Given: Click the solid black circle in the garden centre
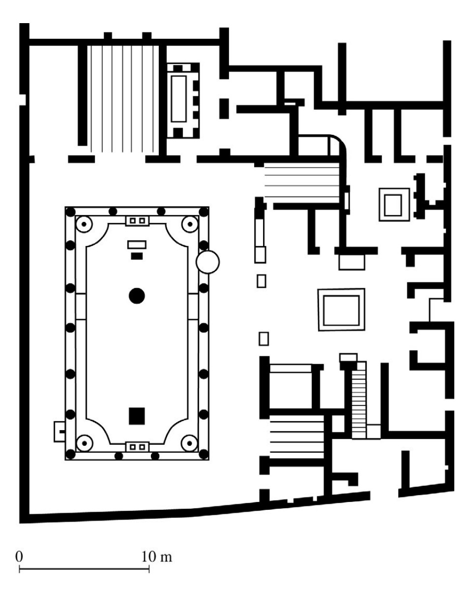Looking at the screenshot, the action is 137,296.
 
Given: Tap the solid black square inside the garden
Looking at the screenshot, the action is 137,416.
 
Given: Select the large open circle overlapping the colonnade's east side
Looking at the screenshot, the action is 207,262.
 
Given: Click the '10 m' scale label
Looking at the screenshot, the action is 157,557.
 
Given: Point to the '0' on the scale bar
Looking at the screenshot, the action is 19,557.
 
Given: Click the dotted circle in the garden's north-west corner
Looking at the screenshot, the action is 84,224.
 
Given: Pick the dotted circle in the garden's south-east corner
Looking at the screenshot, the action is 189,443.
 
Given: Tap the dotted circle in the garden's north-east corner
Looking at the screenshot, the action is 190,224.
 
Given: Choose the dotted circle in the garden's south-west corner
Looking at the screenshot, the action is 84,443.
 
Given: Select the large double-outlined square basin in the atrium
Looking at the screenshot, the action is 341,310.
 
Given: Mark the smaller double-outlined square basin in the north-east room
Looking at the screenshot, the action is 394,204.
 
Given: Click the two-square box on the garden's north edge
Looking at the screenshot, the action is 137,220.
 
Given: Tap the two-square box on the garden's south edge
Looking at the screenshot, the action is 137,447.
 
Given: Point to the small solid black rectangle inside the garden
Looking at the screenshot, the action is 137,256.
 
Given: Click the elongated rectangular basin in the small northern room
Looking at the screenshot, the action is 179,98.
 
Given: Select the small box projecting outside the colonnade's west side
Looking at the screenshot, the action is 59,431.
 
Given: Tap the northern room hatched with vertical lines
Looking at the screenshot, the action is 123,98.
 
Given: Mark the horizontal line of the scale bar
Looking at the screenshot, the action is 85,569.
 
